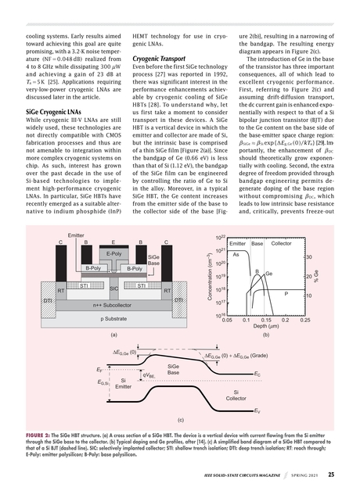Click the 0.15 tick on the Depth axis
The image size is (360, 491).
pyautogui.click(x=266, y=320)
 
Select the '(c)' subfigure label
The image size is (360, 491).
pyautogui.click(x=180, y=421)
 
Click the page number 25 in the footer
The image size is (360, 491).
pyautogui.click(x=332, y=473)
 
